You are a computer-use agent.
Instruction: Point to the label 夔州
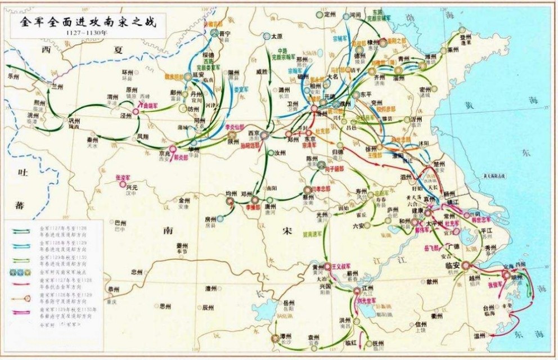tap(182, 246)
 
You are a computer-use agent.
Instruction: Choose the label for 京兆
tap(165, 152)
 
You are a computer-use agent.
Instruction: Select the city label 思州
tap(164, 306)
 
